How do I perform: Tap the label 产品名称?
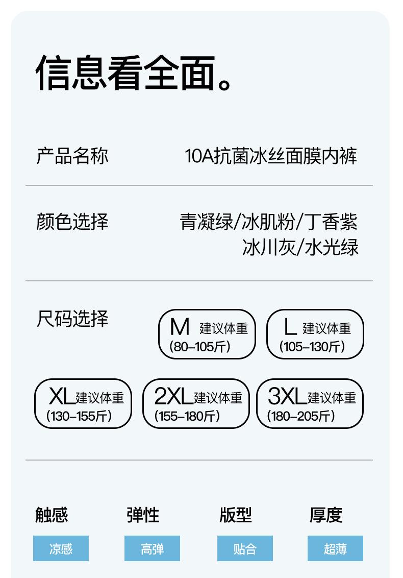[72, 155]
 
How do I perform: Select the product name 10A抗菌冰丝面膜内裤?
[271, 156]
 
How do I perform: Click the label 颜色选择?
[72, 222]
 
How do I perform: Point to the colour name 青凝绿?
[206, 222]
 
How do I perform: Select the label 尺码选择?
[72, 319]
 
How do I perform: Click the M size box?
[207, 334]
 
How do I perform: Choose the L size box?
[315, 334]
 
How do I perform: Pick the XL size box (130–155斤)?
[83, 403]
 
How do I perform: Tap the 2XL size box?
[195, 403]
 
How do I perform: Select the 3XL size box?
[309, 403]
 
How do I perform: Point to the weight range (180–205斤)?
[301, 416]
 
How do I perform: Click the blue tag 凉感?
[61, 548]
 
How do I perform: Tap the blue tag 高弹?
[152, 548]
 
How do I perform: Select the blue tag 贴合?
[245, 548]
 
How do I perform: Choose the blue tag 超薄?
[335, 548]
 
